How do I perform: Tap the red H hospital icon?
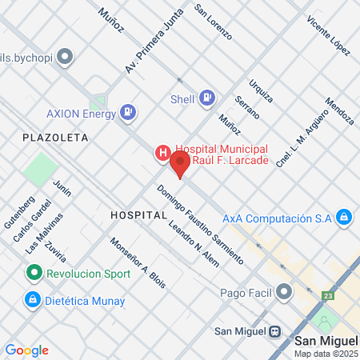pyautogui.click(x=162, y=152)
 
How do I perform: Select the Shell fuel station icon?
pyautogui.click(x=207, y=98)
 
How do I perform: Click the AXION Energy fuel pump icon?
pyautogui.click(x=127, y=112)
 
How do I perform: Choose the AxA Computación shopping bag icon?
pyautogui.click(x=343, y=217)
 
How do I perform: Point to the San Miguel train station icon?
pyautogui.click(x=275, y=330)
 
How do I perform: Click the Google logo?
pyautogui.click(x=26, y=350)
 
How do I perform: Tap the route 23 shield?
pyautogui.click(x=328, y=296)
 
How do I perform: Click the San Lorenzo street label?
pyautogui.click(x=214, y=22)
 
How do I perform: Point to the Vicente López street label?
pyautogui.click(x=328, y=35)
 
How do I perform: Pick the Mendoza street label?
pyautogui.click(x=339, y=112)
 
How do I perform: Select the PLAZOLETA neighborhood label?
pyautogui.click(x=55, y=138)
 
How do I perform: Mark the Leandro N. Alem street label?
pyautogui.click(x=187, y=239)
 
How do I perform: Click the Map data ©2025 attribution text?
pyautogui.click(x=325, y=353)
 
